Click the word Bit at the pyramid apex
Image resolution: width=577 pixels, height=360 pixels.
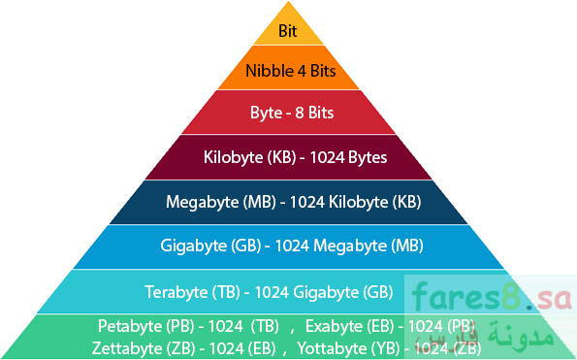point(287,31)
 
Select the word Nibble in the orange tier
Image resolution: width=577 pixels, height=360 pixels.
point(270,71)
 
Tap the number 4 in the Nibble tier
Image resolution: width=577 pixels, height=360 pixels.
point(302,71)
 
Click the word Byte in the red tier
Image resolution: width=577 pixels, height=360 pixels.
point(266,113)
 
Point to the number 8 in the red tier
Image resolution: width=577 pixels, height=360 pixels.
point(300,113)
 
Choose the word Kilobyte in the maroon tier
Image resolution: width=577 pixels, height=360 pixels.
point(234,157)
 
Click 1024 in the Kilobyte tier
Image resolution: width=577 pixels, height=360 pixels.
point(327,157)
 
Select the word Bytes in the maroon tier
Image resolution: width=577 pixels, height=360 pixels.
point(368,157)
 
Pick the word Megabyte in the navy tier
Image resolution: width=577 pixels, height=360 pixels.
point(202,202)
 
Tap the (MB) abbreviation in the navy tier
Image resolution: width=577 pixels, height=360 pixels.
point(260,202)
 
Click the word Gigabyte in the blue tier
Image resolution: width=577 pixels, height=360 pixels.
point(194,245)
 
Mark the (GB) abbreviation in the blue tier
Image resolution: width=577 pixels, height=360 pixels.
point(246,245)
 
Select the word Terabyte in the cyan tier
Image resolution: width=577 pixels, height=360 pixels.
point(176,292)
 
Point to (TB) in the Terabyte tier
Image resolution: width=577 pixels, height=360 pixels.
point(226,292)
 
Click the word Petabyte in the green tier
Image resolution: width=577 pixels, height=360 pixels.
point(130,326)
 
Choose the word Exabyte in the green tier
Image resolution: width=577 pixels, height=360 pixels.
point(335,326)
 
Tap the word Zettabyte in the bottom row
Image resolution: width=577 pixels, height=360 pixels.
point(127,348)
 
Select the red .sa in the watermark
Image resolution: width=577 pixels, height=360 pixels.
point(549,299)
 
